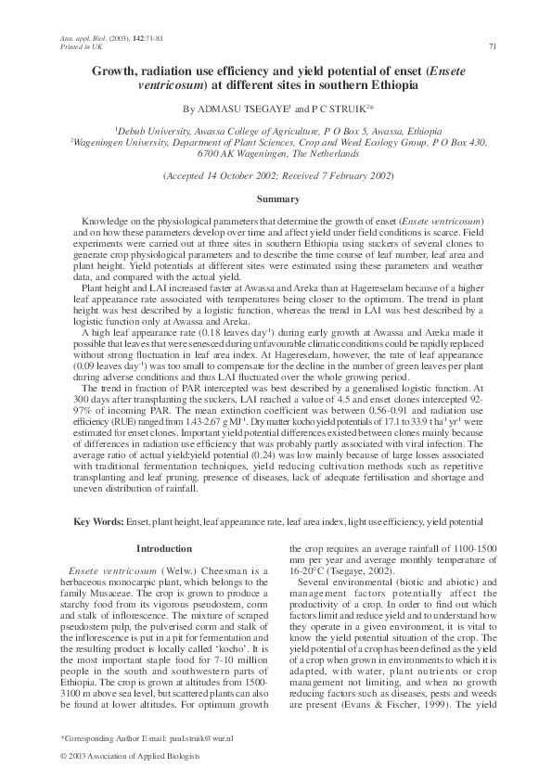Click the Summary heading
[x=276, y=199]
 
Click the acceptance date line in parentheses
[x=276, y=175]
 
